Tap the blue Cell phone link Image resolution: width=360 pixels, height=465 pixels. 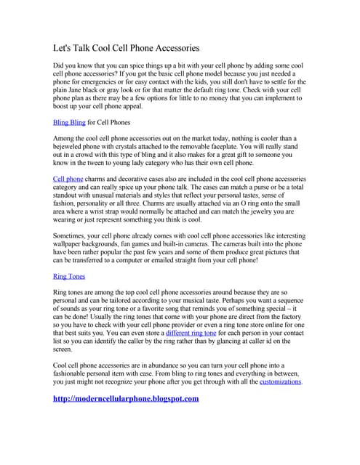coord(68,177)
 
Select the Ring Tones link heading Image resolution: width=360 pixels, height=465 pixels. coord(70,276)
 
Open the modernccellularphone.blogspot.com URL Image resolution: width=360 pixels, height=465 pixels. coord(126,399)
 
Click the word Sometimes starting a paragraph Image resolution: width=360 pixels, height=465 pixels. coord(72,235)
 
